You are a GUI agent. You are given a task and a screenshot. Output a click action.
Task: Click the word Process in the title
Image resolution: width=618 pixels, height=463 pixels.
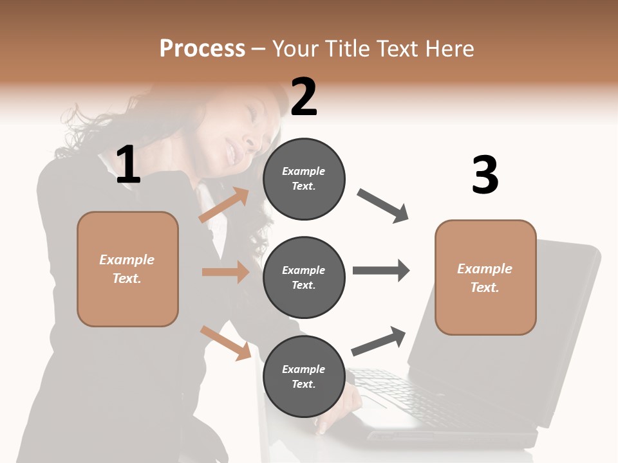pyautogui.click(x=202, y=49)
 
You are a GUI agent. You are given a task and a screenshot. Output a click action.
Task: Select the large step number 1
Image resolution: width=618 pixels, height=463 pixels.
pyautogui.click(x=128, y=165)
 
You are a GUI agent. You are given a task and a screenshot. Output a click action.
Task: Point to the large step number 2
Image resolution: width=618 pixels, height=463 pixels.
pyautogui.click(x=304, y=97)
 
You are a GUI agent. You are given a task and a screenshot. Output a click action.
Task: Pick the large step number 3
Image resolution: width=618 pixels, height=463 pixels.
pyautogui.click(x=485, y=175)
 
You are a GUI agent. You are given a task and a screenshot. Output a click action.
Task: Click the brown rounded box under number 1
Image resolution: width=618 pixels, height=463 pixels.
pyautogui.click(x=127, y=269)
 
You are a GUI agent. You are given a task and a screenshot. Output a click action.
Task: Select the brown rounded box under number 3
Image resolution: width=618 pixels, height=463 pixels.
pyautogui.click(x=485, y=277)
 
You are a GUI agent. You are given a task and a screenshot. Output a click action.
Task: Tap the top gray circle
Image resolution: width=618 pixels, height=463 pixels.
pyautogui.click(x=304, y=179)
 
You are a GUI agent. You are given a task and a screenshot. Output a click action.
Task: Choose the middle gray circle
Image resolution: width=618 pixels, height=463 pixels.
pyautogui.click(x=304, y=277)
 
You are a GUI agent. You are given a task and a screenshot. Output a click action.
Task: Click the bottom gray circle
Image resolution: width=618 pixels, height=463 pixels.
pyautogui.click(x=304, y=376)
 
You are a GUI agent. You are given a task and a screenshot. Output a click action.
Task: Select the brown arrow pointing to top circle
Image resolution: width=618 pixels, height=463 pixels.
pyautogui.click(x=224, y=205)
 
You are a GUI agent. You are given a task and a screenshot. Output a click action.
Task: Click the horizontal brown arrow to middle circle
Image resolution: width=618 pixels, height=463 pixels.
pyautogui.click(x=225, y=272)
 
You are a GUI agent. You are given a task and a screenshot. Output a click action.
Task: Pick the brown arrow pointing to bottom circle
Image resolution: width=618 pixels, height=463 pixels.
pyautogui.click(x=225, y=342)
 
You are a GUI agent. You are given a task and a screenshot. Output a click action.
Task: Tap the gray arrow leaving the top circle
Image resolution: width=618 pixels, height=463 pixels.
pyautogui.click(x=383, y=206)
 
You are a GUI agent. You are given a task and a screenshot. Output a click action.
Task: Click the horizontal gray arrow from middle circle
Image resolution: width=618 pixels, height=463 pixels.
pyautogui.click(x=380, y=270)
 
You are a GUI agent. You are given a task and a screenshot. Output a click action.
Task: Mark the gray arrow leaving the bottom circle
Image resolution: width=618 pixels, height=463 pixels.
pyautogui.click(x=379, y=341)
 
